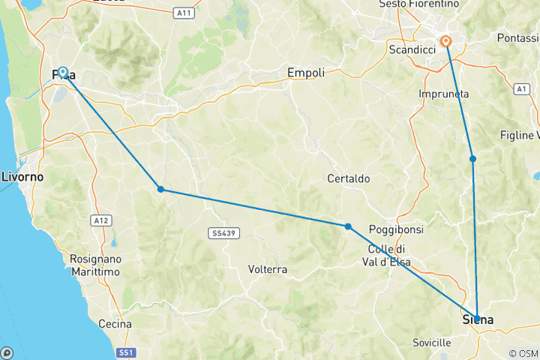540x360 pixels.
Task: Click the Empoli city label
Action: tap(306, 73)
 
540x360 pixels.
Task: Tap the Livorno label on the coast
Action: tap(22, 177)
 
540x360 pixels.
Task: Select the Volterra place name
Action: tap(268, 268)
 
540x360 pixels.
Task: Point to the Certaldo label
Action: tap(349, 179)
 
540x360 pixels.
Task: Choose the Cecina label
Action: tap(115, 324)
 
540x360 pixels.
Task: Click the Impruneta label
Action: tap(444, 94)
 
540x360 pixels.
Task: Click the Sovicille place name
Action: tap(431, 343)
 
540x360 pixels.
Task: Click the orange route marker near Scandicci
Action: tap(446, 41)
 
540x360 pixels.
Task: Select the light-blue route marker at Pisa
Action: tap(63, 72)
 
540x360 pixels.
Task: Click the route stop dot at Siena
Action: tap(477, 319)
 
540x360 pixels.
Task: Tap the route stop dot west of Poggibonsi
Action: tap(348, 226)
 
